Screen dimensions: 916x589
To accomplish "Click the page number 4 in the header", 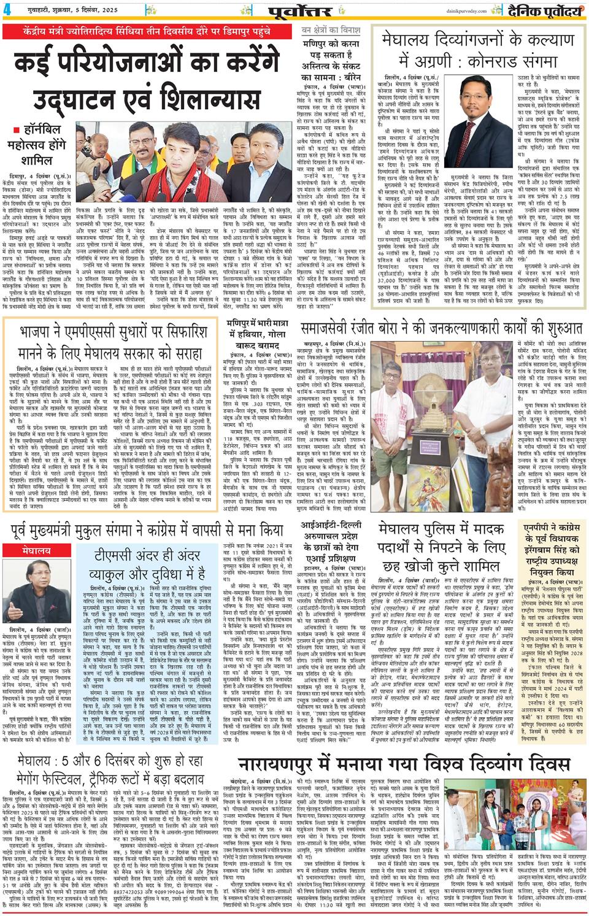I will (7, 9).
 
